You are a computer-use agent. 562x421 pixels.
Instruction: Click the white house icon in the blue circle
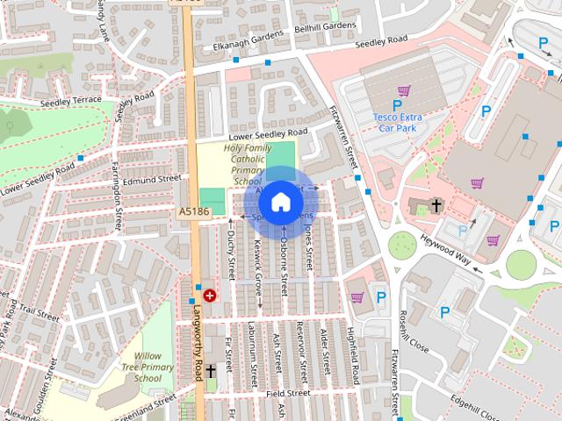[x=279, y=203]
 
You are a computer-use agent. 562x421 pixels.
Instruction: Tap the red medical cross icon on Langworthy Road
[x=210, y=296]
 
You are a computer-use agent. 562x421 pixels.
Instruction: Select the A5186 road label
[x=193, y=211]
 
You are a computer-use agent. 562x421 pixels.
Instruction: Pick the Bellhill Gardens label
[x=320, y=27]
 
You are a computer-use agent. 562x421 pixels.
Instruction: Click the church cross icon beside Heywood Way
[x=436, y=206]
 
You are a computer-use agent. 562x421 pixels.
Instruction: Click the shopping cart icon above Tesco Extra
[x=404, y=89]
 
